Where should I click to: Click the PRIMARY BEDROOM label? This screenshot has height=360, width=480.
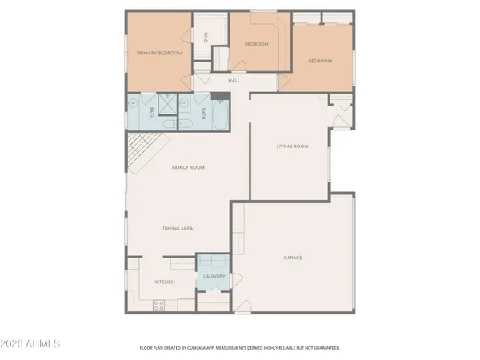click(159, 53)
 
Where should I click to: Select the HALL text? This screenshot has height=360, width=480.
click(234, 81)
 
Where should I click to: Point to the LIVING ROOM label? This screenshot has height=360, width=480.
click(292, 146)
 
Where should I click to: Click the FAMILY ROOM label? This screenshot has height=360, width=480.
click(189, 167)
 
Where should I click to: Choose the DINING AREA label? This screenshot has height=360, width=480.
click(178, 229)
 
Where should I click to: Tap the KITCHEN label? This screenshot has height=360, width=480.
click(165, 282)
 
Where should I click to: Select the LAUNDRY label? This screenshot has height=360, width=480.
click(213, 277)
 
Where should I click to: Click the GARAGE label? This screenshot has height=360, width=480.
click(294, 258)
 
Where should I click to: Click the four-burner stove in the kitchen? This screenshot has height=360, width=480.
click(158, 304)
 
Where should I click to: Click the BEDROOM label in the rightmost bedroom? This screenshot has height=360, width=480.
click(320, 61)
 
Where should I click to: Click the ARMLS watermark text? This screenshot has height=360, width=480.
click(31, 345)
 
